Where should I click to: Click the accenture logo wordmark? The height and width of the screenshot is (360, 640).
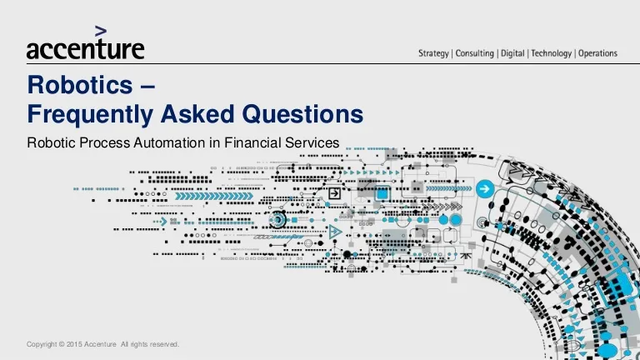coord(85,49)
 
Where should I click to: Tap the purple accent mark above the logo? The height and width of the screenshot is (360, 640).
coord(101,31)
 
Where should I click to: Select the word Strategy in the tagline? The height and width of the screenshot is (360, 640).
coord(433,53)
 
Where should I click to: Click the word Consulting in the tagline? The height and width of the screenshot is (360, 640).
coord(475,53)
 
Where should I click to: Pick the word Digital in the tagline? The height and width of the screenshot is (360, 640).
coord(512,53)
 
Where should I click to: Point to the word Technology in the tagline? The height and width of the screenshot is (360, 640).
coord(552,53)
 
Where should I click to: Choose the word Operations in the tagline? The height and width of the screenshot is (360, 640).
coord(598,53)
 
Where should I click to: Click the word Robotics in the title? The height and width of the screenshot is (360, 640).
coord(80,85)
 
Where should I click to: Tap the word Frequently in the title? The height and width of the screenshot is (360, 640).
coord(90,114)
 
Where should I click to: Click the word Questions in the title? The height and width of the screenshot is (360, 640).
coord(302,114)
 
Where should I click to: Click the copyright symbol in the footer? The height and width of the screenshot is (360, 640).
coord(62,344)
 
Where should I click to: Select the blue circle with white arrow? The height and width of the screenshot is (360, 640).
coord(485,189)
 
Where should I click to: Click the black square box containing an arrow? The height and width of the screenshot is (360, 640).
coord(334,193)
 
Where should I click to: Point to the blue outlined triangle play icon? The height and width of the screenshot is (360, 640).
coord(335,232)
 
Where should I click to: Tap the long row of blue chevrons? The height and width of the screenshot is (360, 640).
coord(214,197)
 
